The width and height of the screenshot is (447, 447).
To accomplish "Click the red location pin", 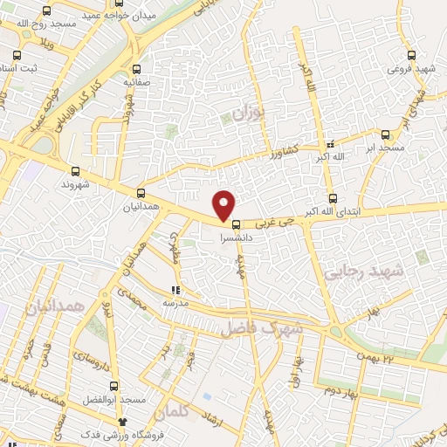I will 225,205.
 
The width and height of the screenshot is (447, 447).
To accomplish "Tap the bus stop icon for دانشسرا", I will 236,224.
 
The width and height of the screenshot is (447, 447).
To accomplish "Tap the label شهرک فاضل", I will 260,326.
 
